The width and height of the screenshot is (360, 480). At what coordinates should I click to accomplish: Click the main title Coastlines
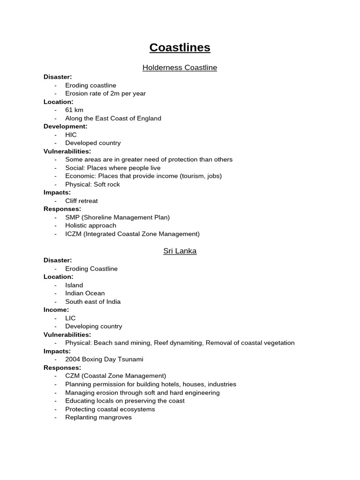[x=180, y=47]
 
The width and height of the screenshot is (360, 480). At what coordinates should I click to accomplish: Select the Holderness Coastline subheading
[x=180, y=67]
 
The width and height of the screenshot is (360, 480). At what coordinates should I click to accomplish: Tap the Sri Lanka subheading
[x=180, y=251]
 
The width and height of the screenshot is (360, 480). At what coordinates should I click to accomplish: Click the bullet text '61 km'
[x=74, y=110]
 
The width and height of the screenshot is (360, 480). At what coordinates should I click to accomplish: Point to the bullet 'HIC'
[x=71, y=135]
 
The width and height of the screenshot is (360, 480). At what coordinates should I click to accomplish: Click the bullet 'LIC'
[x=70, y=318]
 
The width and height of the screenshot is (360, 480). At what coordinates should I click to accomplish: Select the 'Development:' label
[x=65, y=127]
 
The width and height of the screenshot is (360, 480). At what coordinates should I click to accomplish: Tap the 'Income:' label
[x=56, y=310]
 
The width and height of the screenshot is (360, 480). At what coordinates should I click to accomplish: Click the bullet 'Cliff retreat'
[x=82, y=201]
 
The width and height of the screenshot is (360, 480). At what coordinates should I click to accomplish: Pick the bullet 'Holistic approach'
[x=90, y=225]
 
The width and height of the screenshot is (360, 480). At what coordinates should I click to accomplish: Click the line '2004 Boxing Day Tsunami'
[x=104, y=360]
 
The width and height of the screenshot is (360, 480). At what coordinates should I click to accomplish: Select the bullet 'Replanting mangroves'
[x=98, y=417]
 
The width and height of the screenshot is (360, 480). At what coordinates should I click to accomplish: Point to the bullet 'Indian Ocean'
[x=85, y=293]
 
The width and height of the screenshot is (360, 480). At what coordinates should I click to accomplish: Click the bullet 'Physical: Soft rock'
[x=92, y=184]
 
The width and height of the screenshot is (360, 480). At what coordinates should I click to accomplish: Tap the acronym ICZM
[x=74, y=234]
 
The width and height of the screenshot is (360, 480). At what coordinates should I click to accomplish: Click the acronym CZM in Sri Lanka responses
[x=73, y=376]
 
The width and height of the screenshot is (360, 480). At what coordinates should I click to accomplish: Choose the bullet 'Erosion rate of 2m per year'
[x=105, y=94]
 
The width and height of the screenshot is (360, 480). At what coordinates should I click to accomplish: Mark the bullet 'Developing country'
[x=94, y=326]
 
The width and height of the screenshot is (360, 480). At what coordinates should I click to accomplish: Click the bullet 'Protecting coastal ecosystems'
[x=110, y=409]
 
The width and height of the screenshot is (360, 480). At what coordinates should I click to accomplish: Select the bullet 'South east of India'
[x=93, y=302]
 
